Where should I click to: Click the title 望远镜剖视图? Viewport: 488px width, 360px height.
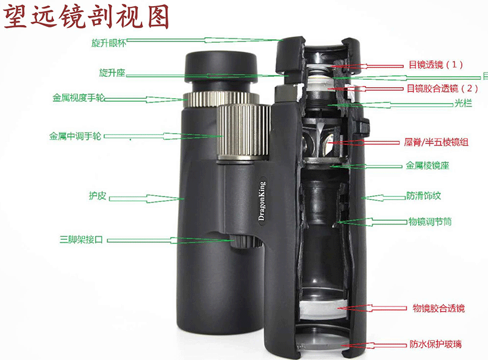point(87,16)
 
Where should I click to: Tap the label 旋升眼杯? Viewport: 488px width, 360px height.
point(109,43)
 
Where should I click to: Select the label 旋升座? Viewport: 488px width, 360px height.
point(112,73)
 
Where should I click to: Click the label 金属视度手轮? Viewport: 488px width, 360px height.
point(78,98)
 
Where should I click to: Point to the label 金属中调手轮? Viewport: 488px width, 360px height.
point(75,137)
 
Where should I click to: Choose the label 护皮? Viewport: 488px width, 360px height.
point(98,196)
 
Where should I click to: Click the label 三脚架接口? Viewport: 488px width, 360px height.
point(81,239)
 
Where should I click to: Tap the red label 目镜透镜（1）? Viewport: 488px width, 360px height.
point(436,65)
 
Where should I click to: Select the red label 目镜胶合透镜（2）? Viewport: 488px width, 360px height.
point(442,88)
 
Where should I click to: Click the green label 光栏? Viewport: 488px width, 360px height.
point(463,103)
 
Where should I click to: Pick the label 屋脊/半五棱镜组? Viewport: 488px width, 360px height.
point(436,142)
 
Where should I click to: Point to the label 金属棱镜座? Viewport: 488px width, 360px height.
point(428,165)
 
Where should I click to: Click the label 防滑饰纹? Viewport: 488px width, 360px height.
point(423,196)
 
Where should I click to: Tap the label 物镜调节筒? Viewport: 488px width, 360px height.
point(430,221)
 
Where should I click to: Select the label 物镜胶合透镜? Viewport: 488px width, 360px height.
point(439,308)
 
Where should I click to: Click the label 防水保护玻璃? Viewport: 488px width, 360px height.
point(436,344)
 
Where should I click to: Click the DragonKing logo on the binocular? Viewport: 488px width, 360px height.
point(262,201)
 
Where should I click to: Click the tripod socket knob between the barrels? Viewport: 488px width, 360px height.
point(245,242)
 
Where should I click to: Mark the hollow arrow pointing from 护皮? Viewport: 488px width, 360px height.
point(146,198)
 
